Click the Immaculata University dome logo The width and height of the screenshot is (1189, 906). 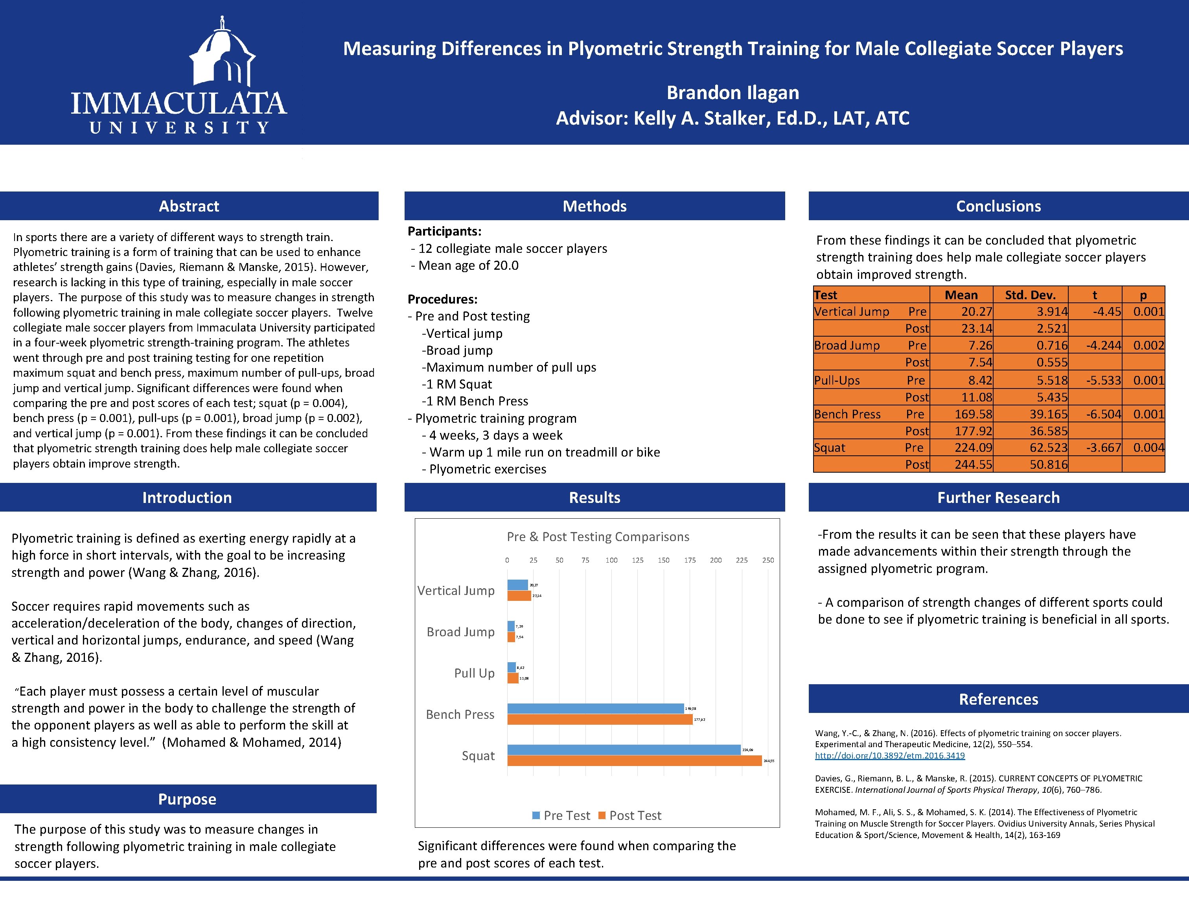click(x=222, y=54)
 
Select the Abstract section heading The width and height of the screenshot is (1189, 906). click(x=189, y=206)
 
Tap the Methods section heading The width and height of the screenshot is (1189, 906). click(x=594, y=206)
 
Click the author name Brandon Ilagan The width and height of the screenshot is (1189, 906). click(x=732, y=93)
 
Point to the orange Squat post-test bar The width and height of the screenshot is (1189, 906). click(x=634, y=761)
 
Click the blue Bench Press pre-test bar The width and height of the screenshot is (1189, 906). click(x=595, y=709)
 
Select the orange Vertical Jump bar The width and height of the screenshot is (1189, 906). click(x=519, y=596)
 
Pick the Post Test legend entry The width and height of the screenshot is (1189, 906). click(x=630, y=816)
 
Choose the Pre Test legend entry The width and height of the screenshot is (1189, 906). click(x=561, y=816)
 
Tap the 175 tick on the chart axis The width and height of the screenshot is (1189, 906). click(x=690, y=560)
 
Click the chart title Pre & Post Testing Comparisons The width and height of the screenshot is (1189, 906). click(x=598, y=537)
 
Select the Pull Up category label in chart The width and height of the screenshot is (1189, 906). click(x=474, y=673)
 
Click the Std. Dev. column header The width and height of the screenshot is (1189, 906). click(x=1030, y=295)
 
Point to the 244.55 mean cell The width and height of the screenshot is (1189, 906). click(x=973, y=464)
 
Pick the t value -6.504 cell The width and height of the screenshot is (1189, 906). click(x=1103, y=414)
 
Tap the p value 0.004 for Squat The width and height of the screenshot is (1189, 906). click(x=1148, y=447)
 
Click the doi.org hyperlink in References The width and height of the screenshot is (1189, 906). click(x=890, y=755)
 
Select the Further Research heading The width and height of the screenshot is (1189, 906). click(x=998, y=497)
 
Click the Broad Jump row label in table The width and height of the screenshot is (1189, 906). click(x=847, y=345)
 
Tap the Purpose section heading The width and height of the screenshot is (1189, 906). click(x=187, y=799)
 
